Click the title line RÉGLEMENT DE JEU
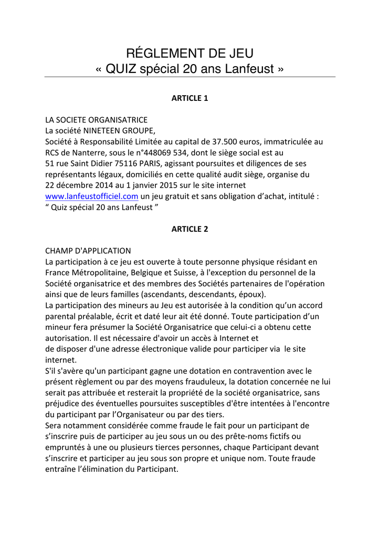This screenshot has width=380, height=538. pos(189,53)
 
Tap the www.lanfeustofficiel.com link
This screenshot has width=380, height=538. pos(92,196)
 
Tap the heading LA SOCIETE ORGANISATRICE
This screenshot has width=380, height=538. pos(96,120)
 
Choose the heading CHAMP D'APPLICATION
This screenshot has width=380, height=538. pos(88,251)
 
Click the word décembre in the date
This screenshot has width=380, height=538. pos(75,185)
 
